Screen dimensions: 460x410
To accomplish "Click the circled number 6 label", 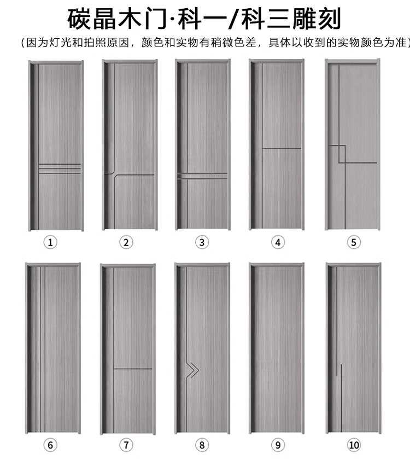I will click(51, 445).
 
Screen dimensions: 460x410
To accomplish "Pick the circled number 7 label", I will click(126, 445).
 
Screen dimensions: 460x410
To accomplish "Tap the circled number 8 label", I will click(202, 445).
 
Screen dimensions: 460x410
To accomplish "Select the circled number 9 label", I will click(278, 445).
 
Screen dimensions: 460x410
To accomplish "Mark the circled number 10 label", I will click(354, 445).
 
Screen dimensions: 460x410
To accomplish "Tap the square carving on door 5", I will click(337, 154).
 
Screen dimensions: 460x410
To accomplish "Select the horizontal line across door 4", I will click(282, 148).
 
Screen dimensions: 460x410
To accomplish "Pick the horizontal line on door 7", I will click(133, 369).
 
